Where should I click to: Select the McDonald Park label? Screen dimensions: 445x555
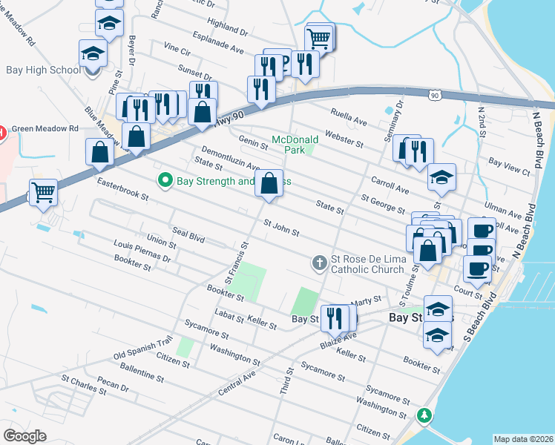coord(295,144)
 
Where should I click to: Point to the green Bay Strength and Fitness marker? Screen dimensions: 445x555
coord(165,180)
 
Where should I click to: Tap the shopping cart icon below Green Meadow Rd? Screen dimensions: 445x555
coord(44,193)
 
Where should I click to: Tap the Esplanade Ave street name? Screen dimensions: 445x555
coord(218,43)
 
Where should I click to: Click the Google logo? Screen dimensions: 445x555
coord(24,436)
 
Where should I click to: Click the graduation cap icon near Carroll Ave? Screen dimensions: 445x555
coord(441,177)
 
